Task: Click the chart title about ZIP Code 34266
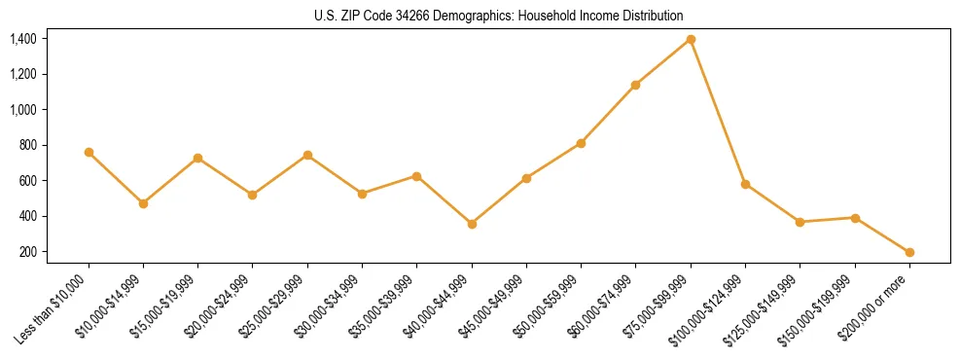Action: (x=480, y=16)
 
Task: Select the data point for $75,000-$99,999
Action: (x=691, y=39)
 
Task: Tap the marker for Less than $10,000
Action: (x=89, y=152)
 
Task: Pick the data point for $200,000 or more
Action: (x=909, y=252)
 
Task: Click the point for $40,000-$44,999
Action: (x=472, y=224)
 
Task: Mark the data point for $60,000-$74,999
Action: (x=636, y=85)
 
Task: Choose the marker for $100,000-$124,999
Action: (x=745, y=184)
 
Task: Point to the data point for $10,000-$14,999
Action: (x=143, y=203)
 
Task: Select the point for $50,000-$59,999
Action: (x=581, y=143)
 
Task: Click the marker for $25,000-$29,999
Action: (x=307, y=155)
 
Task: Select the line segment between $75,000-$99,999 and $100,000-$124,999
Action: (x=718, y=112)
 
